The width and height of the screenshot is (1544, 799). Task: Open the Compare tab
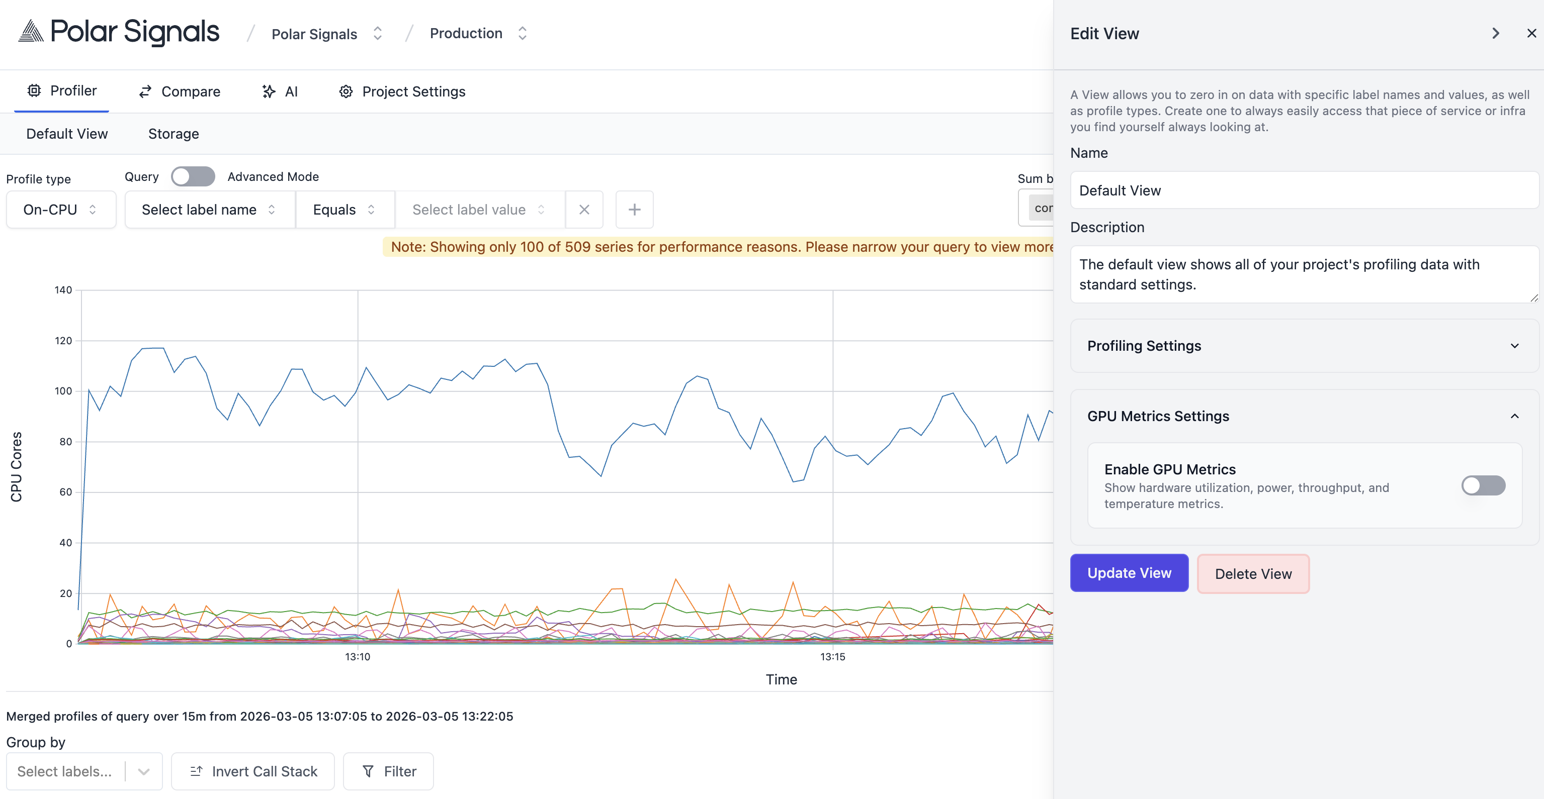pos(180,91)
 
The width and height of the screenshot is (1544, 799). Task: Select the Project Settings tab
pos(402,91)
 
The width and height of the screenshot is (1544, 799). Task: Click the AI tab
pos(280,91)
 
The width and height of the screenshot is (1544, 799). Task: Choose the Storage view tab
pos(173,134)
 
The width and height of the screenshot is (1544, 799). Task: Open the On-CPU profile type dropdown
pos(60,209)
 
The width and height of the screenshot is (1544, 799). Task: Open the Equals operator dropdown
pos(345,209)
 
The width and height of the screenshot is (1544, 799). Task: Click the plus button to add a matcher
pos(634,209)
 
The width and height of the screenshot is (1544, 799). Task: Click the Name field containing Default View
pos(1304,190)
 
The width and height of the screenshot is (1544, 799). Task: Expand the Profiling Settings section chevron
pos(1514,346)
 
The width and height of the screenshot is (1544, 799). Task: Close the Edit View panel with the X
pos(1531,34)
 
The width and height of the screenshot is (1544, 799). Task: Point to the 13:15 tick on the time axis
pos(832,656)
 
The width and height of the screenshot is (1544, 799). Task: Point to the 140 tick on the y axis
pos(63,290)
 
